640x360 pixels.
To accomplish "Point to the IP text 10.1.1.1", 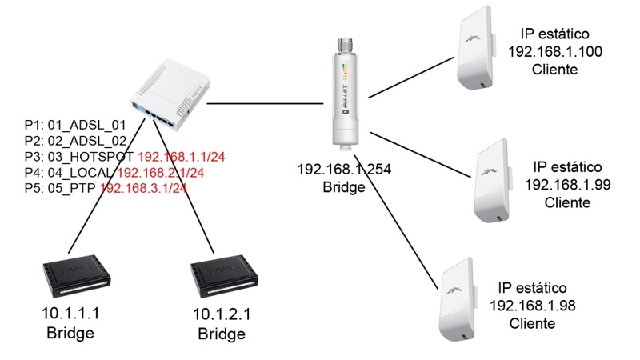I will pos(71,314).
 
